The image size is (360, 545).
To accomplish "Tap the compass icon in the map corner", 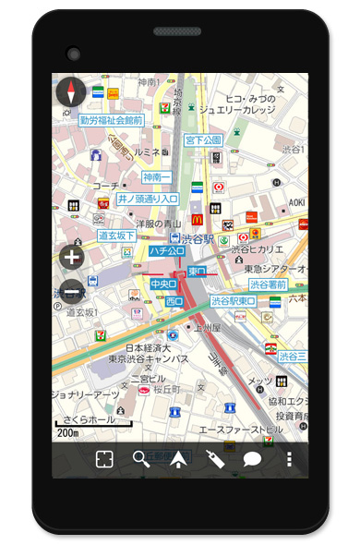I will [71, 92].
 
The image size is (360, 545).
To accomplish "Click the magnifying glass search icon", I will [141, 459].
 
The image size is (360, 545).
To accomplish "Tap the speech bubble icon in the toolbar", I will [252, 459].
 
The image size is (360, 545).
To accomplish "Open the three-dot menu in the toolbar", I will [289, 459].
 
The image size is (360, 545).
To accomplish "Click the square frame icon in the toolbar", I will [104, 459].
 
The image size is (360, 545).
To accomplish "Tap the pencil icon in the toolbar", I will [216, 459].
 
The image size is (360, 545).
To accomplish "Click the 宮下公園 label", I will [203, 140].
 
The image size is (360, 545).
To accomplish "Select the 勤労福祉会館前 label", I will [112, 120].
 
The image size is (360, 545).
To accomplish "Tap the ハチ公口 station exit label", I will [168, 250].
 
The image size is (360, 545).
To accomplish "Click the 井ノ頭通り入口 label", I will [149, 200].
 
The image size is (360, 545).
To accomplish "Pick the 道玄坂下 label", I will [117, 236].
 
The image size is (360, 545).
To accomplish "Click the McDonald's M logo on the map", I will [197, 220].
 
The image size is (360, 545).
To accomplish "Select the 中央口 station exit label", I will [162, 284].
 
